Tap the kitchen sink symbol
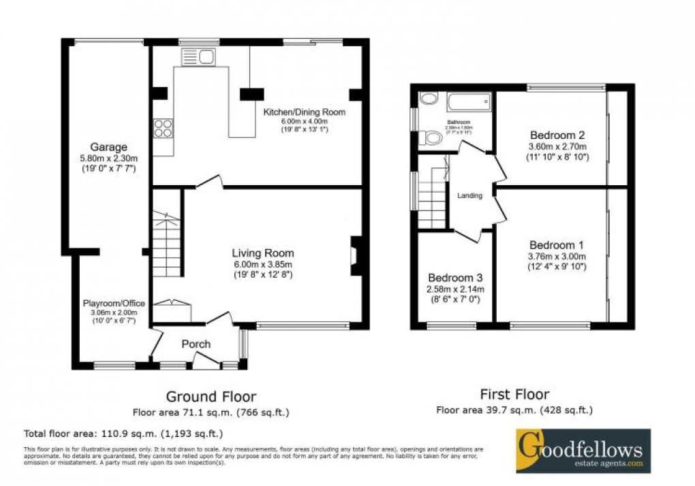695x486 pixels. [198, 58]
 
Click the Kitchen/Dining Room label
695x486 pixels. [305, 112]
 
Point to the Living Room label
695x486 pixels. [262, 253]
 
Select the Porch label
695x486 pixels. [196, 344]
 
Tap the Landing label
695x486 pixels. [469, 195]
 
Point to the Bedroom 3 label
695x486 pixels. [455, 278]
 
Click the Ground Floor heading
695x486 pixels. [212, 396]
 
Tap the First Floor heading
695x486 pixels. [514, 394]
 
